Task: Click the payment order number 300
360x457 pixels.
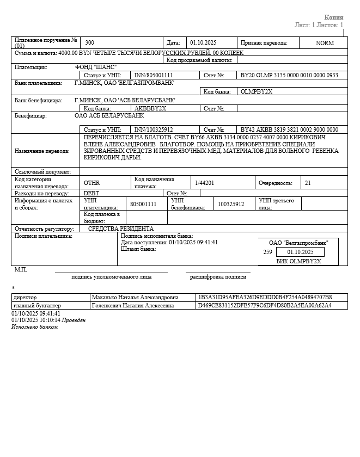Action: [90, 42]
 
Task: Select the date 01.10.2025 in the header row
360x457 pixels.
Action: [203, 42]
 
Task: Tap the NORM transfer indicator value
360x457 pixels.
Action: [325, 42]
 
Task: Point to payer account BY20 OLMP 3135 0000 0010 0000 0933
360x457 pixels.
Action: [289, 75]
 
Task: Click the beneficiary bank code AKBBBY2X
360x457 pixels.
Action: [150, 108]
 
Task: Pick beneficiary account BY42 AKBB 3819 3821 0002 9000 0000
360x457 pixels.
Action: [289, 129]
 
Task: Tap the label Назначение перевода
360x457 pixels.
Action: [42, 151]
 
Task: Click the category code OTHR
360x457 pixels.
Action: [92, 183]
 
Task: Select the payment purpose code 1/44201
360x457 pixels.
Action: [205, 183]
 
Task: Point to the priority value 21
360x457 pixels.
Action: [308, 183]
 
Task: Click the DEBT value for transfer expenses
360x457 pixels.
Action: [91, 193]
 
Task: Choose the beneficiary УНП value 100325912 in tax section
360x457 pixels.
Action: [231, 204]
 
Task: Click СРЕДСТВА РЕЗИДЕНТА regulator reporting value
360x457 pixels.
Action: [121, 228]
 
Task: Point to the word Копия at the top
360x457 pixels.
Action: [334, 17]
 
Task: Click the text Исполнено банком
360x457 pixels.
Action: [34, 326]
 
